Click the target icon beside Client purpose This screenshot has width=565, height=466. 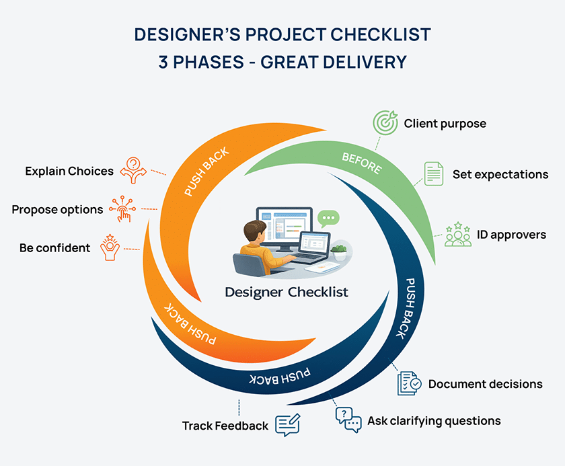click(x=385, y=124)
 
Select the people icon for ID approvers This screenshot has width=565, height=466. click(x=457, y=234)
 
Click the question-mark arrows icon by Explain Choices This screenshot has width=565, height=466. click(x=133, y=170)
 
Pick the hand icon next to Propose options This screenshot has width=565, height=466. click(x=122, y=209)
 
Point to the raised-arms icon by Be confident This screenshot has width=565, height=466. click(x=110, y=247)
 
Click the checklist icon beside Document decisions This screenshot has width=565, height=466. click(x=409, y=384)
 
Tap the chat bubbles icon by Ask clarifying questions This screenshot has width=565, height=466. click(x=348, y=421)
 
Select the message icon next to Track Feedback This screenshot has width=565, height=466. click(x=287, y=425)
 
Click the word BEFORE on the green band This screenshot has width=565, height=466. click(x=361, y=163)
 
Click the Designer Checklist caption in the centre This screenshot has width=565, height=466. click(x=287, y=292)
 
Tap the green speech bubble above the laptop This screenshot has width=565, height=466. click(x=329, y=218)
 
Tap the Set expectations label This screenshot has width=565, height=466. click(x=500, y=174)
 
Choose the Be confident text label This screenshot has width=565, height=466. click(x=54, y=248)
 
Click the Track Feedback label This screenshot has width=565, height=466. click(x=225, y=426)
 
